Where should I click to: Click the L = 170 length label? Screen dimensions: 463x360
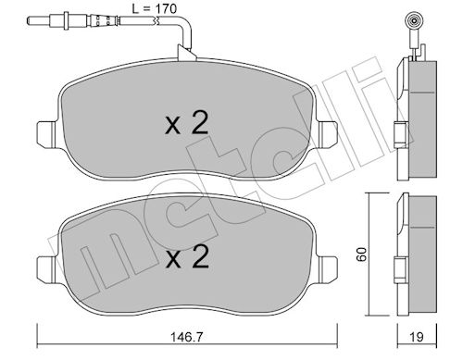pyautogui.click(x=155, y=9)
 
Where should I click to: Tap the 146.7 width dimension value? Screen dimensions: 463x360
pyautogui.click(x=187, y=337)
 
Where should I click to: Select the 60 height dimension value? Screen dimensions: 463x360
pyautogui.click(x=361, y=254)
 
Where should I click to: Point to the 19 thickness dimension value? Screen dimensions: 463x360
pyautogui.click(x=417, y=337)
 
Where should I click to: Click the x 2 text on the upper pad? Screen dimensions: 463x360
pyautogui.click(x=187, y=123)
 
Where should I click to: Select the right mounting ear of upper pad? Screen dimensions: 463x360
pyautogui.click(x=328, y=135)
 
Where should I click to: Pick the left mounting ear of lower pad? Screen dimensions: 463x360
pyautogui.click(x=47, y=268)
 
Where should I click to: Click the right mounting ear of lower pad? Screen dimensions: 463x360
pyautogui.click(x=328, y=268)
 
